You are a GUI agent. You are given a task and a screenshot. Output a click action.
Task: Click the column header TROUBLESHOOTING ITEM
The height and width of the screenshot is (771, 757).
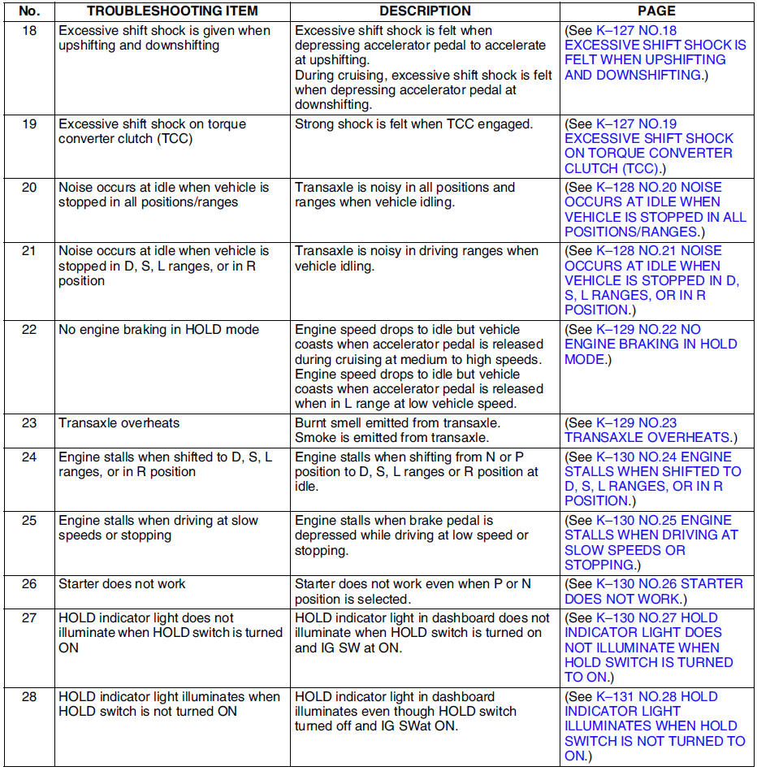172,11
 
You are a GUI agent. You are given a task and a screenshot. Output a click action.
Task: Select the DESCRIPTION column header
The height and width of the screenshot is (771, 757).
425,11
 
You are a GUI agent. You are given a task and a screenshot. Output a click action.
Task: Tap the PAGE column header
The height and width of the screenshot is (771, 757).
656,11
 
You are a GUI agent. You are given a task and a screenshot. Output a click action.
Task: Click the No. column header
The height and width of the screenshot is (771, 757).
28,11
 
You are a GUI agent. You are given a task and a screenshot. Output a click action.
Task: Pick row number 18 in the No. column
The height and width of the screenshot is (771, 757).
28,31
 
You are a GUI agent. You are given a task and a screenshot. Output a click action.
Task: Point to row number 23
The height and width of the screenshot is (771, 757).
28,423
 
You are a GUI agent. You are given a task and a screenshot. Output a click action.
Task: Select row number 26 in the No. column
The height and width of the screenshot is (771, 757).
28,584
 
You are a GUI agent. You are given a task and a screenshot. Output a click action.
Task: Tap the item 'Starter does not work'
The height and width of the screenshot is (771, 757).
122,584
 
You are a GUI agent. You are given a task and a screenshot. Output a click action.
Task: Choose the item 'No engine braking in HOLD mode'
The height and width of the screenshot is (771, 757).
158,330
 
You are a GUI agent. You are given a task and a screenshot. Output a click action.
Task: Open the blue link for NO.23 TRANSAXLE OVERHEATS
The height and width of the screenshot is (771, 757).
650,431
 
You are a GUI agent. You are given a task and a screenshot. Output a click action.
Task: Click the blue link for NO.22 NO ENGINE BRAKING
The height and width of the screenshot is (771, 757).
650,344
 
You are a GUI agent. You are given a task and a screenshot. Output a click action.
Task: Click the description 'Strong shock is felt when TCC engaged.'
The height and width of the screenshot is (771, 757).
413,124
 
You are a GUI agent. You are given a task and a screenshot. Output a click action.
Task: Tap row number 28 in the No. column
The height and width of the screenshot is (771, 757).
28,697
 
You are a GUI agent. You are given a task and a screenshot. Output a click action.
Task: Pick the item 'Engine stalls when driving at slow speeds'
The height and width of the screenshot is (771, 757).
158,528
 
